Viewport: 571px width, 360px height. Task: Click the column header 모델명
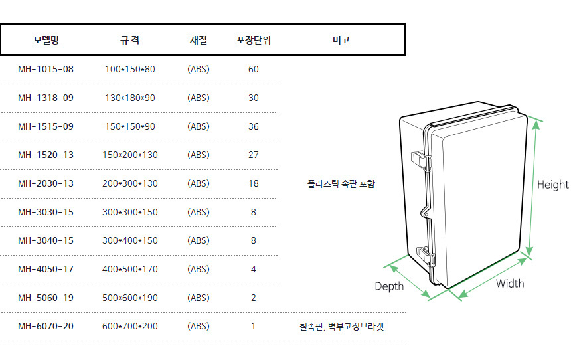tap(46, 40)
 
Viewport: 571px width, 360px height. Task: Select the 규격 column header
tap(129, 40)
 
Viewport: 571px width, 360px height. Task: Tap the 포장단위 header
tap(254, 40)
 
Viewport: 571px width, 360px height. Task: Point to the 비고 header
tap(341, 40)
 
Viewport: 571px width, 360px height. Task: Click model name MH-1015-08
tap(46, 69)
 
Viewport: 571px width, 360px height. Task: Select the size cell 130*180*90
tap(130, 98)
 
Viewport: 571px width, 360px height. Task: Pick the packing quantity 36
tap(254, 126)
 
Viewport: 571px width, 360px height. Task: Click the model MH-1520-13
tap(46, 155)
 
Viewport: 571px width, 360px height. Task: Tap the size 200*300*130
tap(130, 183)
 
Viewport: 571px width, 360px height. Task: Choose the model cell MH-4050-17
tap(46, 269)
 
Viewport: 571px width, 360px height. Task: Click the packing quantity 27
tap(254, 155)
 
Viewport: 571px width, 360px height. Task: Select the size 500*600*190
tap(130, 298)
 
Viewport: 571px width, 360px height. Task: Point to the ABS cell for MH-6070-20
tap(199, 326)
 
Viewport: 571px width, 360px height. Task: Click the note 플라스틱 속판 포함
tap(341, 183)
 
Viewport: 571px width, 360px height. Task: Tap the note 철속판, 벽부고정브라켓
tap(341, 327)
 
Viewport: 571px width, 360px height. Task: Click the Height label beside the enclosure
tap(553, 185)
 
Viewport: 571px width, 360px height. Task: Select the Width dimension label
tap(510, 284)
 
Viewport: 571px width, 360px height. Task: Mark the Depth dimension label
tap(389, 286)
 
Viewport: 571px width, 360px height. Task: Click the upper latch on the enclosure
tap(421, 160)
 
